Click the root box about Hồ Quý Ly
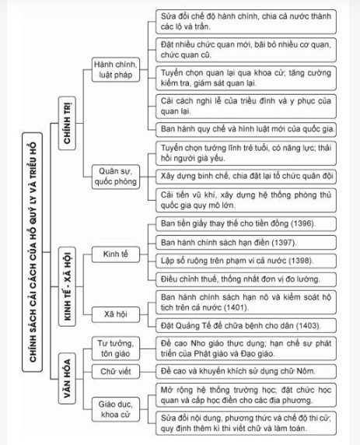33,252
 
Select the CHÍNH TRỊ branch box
67,123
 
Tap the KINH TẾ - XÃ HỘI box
67,286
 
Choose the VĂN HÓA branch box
67,378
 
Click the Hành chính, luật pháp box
116,69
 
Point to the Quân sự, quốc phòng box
116,177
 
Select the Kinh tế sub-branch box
116,254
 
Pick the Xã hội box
116,314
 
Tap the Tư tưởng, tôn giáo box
116,349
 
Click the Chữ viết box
116,372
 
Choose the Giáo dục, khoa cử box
116,409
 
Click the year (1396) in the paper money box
303,223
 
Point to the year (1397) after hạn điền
284,243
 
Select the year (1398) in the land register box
301,261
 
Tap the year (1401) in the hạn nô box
236,307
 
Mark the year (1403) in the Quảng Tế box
309,325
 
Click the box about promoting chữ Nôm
246,372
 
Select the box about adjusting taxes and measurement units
246,279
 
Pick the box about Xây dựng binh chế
246,177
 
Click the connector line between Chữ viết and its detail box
148,372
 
